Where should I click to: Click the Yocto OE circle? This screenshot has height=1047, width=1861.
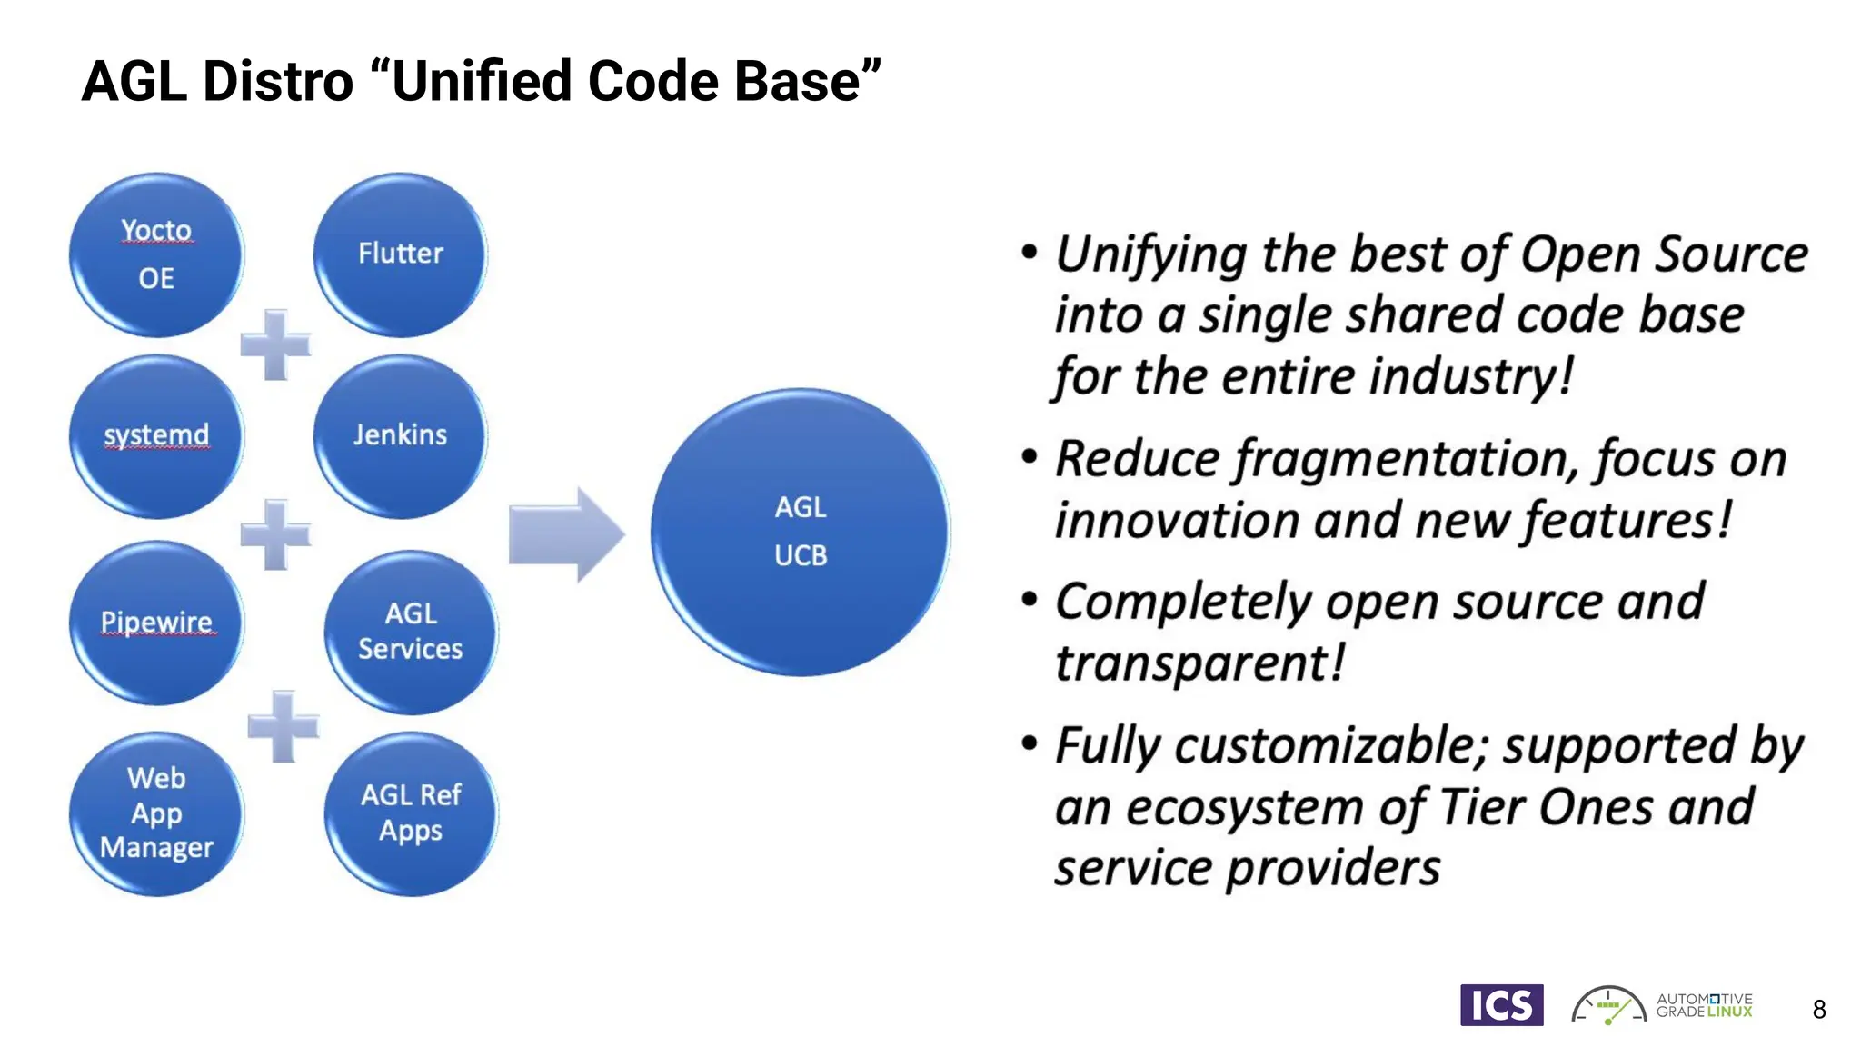(x=156, y=254)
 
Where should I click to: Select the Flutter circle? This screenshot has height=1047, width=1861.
(x=400, y=254)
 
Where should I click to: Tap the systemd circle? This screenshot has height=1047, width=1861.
(x=156, y=436)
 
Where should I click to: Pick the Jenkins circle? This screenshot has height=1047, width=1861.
(x=400, y=436)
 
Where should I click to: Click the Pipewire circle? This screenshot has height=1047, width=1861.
(x=156, y=623)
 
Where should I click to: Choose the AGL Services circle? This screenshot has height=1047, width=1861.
(x=411, y=632)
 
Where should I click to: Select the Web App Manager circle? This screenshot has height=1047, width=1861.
(x=156, y=813)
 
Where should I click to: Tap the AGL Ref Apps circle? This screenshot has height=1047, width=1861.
(x=411, y=813)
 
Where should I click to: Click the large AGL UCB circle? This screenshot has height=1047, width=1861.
(x=801, y=532)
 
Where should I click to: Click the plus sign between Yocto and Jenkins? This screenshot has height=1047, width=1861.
(x=275, y=344)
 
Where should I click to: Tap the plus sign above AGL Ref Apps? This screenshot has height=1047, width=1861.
(x=284, y=726)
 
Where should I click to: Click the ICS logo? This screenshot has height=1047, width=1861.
(x=1501, y=1005)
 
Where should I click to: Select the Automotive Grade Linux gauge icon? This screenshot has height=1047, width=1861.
(x=1608, y=1006)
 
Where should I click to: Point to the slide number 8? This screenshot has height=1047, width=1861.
(x=1819, y=1010)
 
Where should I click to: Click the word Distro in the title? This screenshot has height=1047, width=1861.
(x=278, y=81)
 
